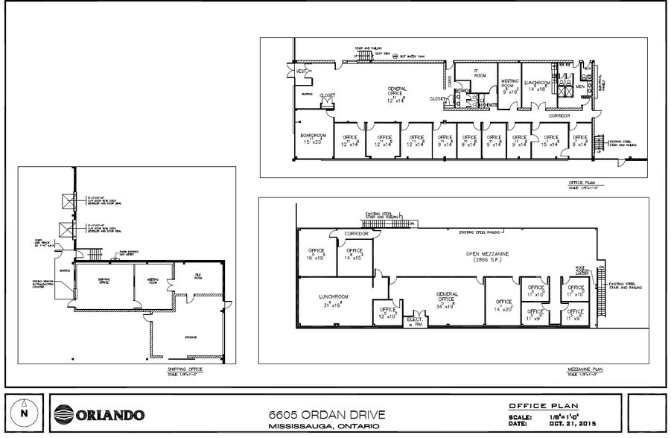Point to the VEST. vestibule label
coord(302,71)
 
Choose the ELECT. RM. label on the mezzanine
coord(413,321)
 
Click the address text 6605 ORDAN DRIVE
coord(320,413)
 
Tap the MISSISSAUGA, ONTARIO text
coord(320,426)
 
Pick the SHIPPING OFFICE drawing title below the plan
coord(185,369)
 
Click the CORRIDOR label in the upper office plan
coord(560,116)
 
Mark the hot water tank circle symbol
coord(395,56)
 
